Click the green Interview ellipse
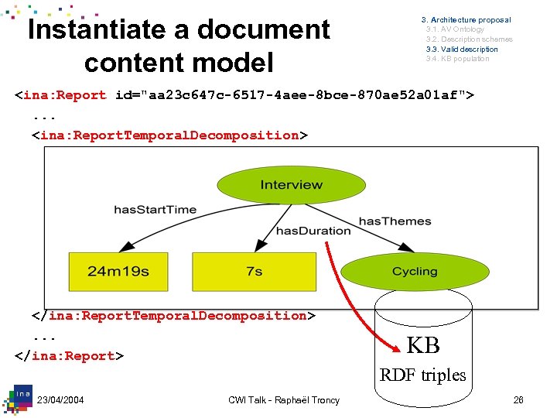click(291, 185)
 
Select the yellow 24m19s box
click(118, 272)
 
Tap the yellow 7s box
click(254, 272)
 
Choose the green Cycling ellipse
click(415, 272)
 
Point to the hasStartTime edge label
click(155, 210)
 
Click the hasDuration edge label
click(313, 230)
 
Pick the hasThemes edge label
click(395, 221)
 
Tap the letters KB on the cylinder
click(423, 344)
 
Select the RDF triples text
click(422, 375)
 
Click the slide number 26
click(518, 400)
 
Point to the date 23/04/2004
click(60, 400)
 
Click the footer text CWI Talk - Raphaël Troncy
click(284, 400)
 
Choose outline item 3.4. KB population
click(457, 59)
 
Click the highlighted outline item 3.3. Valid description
click(462, 49)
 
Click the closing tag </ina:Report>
click(69, 356)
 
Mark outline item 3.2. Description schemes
click(469, 39)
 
